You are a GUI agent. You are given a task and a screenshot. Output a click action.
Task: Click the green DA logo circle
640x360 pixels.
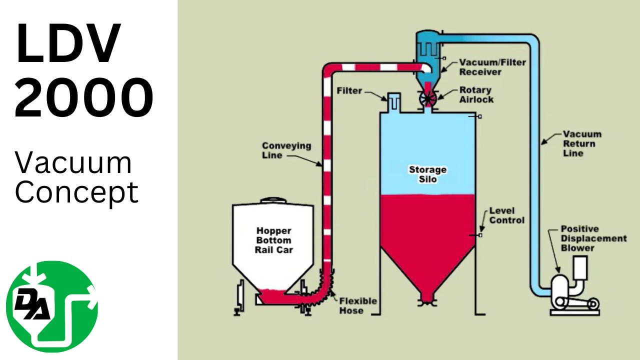[52, 306]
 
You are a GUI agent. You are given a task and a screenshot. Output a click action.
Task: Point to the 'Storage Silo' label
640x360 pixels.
[427, 174]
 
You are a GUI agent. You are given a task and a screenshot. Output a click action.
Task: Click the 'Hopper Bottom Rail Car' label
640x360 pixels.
[273, 240]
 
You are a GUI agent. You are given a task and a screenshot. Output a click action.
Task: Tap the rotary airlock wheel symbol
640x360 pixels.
[428, 98]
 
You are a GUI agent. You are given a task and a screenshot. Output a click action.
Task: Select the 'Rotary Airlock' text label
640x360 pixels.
[476, 94]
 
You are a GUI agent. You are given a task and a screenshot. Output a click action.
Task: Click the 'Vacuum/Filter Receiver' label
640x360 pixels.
[480, 67]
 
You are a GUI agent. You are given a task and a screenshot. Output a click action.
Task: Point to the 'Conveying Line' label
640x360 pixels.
[286, 150]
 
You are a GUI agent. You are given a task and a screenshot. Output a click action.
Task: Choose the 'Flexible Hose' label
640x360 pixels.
[358, 305]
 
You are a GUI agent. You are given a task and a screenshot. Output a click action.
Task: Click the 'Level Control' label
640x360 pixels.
[506, 215]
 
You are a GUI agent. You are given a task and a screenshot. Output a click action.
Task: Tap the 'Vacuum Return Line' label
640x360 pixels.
[582, 144]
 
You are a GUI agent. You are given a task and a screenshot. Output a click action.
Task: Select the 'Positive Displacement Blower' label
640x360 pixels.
[593, 238]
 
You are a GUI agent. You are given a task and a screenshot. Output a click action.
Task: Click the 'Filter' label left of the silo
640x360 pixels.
[349, 91]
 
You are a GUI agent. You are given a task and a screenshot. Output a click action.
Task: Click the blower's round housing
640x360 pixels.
[559, 288]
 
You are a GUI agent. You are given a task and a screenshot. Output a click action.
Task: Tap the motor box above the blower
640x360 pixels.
[580, 267]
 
